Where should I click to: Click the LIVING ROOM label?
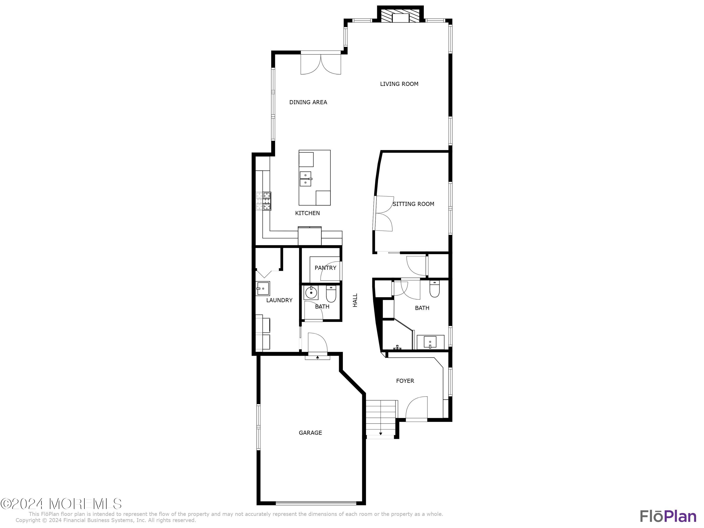(x=399, y=84)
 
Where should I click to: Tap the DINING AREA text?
(x=308, y=102)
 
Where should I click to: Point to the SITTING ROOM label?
(x=413, y=204)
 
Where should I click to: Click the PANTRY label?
(x=325, y=268)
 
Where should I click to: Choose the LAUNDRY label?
(x=279, y=300)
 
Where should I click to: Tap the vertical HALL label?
(x=355, y=300)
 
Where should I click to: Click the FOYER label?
(x=405, y=381)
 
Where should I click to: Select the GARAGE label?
(x=310, y=433)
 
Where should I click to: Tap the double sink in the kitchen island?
(x=306, y=179)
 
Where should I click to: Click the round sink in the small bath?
(x=311, y=292)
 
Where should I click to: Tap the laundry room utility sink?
(x=263, y=288)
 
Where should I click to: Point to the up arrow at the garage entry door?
(x=317, y=357)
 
